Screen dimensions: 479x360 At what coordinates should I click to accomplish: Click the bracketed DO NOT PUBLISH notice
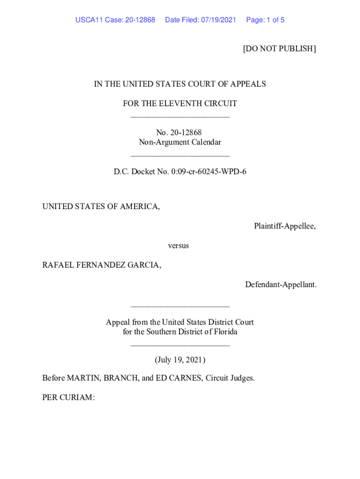tap(279, 49)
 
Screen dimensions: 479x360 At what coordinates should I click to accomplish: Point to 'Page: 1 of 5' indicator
tap(265, 20)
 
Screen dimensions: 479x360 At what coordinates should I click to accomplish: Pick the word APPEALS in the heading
tap(250, 84)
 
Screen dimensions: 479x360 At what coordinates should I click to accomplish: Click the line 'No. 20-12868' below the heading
tap(180, 133)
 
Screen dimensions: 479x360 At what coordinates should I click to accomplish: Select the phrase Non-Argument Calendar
tap(180, 142)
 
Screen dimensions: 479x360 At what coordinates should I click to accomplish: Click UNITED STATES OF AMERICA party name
tap(101, 206)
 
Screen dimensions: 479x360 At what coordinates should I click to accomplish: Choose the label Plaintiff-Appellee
tap(284, 226)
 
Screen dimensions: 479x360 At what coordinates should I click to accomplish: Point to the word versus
tap(178, 246)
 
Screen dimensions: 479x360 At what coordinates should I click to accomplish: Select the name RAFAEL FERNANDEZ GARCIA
tap(101, 265)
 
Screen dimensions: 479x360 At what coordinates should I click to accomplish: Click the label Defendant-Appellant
tap(281, 284)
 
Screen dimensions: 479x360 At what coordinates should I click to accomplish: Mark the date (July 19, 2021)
tap(180, 360)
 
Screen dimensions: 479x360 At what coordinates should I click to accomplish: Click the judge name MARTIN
tap(83, 378)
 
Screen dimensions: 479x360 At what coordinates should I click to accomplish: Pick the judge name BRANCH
tap(121, 378)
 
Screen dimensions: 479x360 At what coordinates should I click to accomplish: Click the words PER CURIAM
tap(68, 398)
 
